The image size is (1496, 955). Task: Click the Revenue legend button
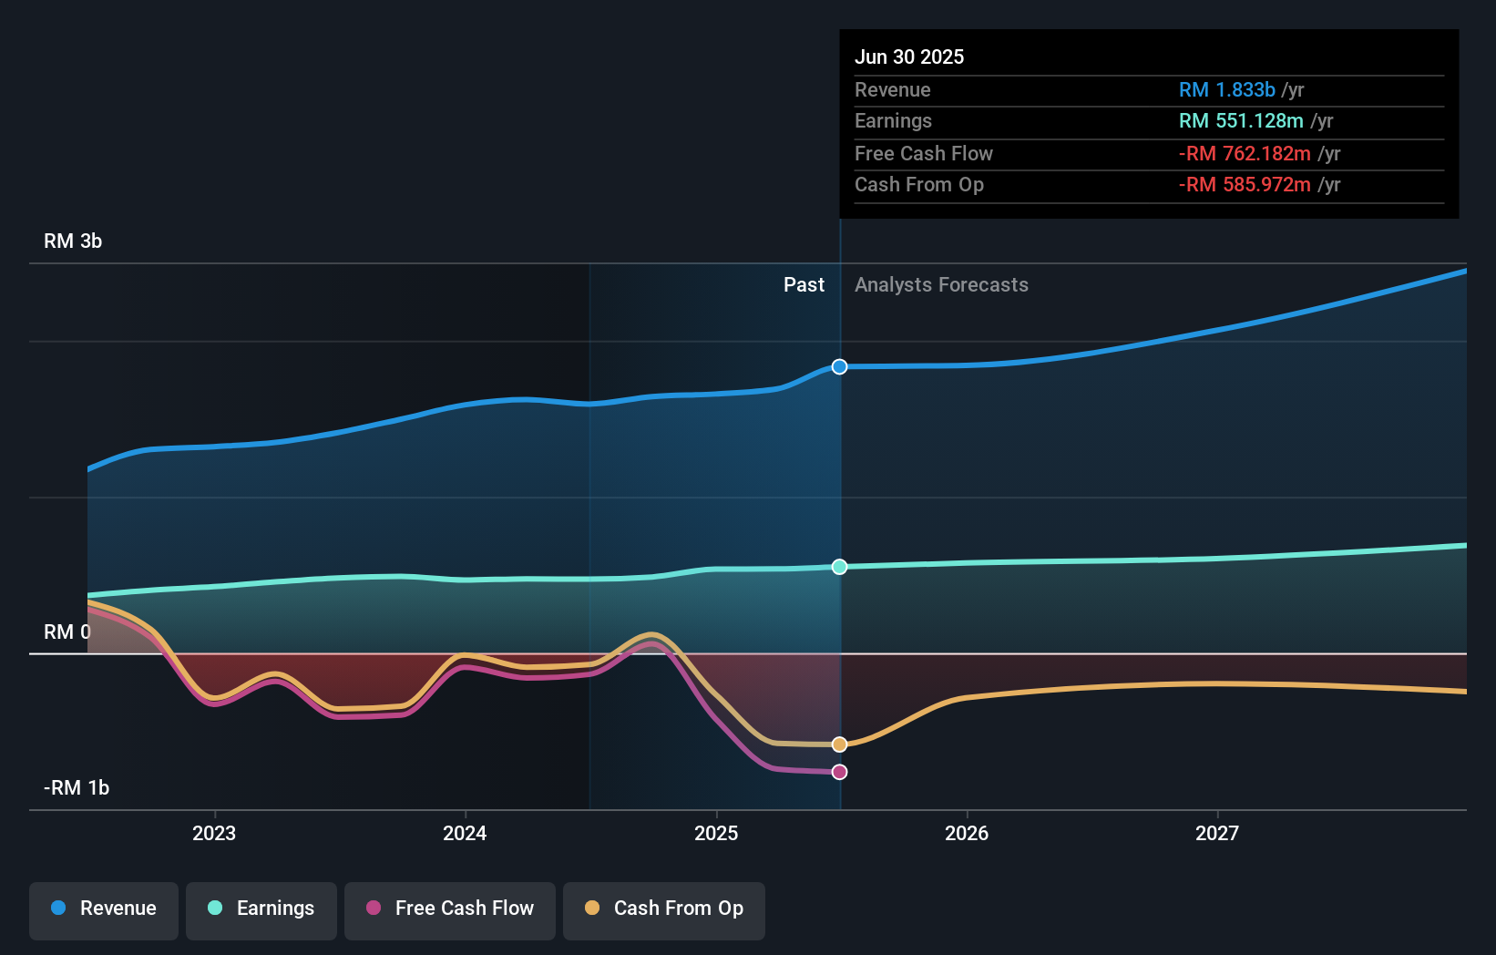104,909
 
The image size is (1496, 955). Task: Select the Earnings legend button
261,909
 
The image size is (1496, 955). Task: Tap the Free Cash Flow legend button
450,909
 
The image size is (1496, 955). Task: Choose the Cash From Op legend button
664,909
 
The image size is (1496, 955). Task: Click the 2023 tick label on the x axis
214,834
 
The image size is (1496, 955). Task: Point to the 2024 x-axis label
465,834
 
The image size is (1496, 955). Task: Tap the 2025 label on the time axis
716,834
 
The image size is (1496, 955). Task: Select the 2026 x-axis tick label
967,834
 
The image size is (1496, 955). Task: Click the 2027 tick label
1217,834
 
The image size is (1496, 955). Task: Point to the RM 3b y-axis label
73,241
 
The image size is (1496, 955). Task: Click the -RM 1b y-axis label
77,788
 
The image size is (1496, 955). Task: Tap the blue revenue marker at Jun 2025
839,366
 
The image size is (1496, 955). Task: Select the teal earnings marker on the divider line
839,567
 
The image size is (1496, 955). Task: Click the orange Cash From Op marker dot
839,744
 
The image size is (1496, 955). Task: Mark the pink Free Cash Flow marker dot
839,772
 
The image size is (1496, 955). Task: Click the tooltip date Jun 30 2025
909,57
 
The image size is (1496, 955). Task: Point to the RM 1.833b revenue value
1226,90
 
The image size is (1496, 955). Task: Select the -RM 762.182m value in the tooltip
1245,154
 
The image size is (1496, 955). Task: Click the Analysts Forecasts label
941,285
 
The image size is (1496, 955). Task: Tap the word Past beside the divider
804,285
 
